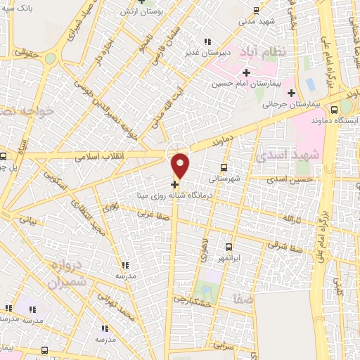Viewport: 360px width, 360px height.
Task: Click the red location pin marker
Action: (181, 165)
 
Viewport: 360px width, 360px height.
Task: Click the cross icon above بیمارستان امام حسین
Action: (247, 72)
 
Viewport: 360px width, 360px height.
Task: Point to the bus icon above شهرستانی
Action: (224, 167)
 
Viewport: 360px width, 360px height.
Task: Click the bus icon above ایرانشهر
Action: (229, 247)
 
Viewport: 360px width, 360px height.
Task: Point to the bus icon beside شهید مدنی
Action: (256, 11)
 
